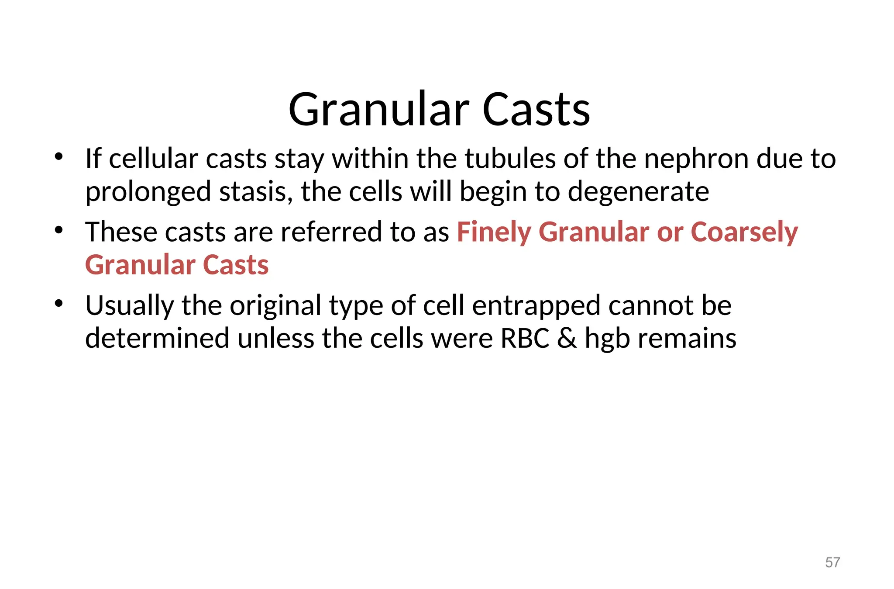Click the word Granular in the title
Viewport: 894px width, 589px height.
[x=378, y=110]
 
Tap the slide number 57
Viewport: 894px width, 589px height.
[x=832, y=562]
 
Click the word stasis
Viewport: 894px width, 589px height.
[x=256, y=192]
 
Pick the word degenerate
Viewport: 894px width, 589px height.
[x=638, y=193]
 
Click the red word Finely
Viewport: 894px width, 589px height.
[x=493, y=232]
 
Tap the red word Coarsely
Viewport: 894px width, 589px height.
[x=744, y=232]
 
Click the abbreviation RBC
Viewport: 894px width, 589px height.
[x=525, y=339]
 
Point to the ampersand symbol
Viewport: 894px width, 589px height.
[x=567, y=339]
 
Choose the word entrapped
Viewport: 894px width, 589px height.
[x=536, y=306]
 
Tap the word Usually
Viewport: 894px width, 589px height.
[x=129, y=306]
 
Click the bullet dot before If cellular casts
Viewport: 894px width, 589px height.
[x=59, y=156]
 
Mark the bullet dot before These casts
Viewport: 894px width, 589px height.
[x=59, y=229]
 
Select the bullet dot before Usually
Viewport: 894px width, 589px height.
[x=59, y=303]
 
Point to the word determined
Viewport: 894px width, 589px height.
[x=157, y=339]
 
